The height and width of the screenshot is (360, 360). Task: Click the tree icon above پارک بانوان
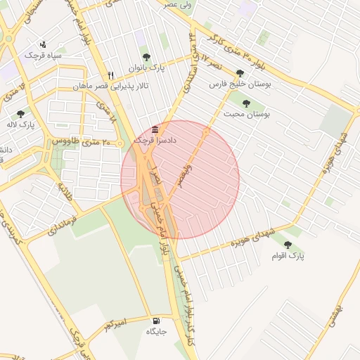146,57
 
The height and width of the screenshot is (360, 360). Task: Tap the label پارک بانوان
146,68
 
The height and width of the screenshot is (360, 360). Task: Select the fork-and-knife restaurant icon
110,76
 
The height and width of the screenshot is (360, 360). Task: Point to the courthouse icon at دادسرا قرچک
155,129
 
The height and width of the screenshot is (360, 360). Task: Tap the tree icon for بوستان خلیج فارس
240,73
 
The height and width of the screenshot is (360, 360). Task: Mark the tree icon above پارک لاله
21,113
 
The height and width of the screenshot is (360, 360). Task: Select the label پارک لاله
22,125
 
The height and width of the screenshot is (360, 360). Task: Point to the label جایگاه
155,331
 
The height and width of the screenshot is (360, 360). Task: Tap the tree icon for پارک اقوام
288,244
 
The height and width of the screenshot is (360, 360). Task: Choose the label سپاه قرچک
43,55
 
